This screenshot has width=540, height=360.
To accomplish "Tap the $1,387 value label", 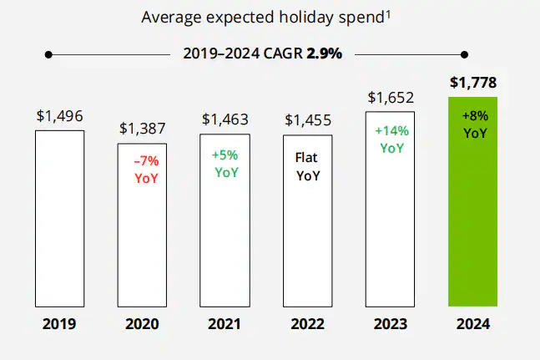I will coord(142,129).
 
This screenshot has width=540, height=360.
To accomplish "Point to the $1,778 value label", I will coord(473,83).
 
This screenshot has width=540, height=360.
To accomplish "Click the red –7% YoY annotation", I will coord(145,170).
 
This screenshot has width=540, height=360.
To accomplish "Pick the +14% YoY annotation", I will coord(391,139).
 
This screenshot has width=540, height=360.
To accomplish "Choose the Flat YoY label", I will coord(308,165).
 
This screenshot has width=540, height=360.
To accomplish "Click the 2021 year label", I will coord(225,323).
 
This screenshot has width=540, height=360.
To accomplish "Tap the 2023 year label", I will coord(391,323).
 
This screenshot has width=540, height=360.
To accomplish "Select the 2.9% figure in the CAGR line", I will coord(324,54).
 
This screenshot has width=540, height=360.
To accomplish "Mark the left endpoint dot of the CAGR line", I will coord(49,54).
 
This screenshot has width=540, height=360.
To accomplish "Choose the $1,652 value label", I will coord(391,98).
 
